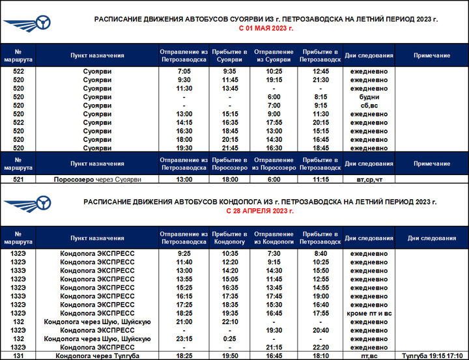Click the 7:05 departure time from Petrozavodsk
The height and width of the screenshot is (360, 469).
(x=184, y=71)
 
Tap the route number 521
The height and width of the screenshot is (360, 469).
(x=18, y=179)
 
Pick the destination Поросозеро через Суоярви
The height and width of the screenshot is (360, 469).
(x=97, y=179)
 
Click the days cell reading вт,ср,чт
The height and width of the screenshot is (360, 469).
(x=369, y=179)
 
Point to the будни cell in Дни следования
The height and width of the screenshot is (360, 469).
(x=369, y=97)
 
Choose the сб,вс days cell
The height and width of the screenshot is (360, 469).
(x=369, y=105)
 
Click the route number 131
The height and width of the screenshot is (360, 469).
(x=18, y=356)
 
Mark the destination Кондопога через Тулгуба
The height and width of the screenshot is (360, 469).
(x=97, y=356)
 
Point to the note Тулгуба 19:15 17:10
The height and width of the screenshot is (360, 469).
(x=432, y=356)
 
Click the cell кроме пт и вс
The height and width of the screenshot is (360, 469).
(x=369, y=313)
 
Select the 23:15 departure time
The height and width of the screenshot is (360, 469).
(x=184, y=339)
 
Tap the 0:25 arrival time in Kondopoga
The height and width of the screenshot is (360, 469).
(x=230, y=339)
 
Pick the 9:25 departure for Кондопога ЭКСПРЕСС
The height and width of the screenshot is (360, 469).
(x=184, y=253)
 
